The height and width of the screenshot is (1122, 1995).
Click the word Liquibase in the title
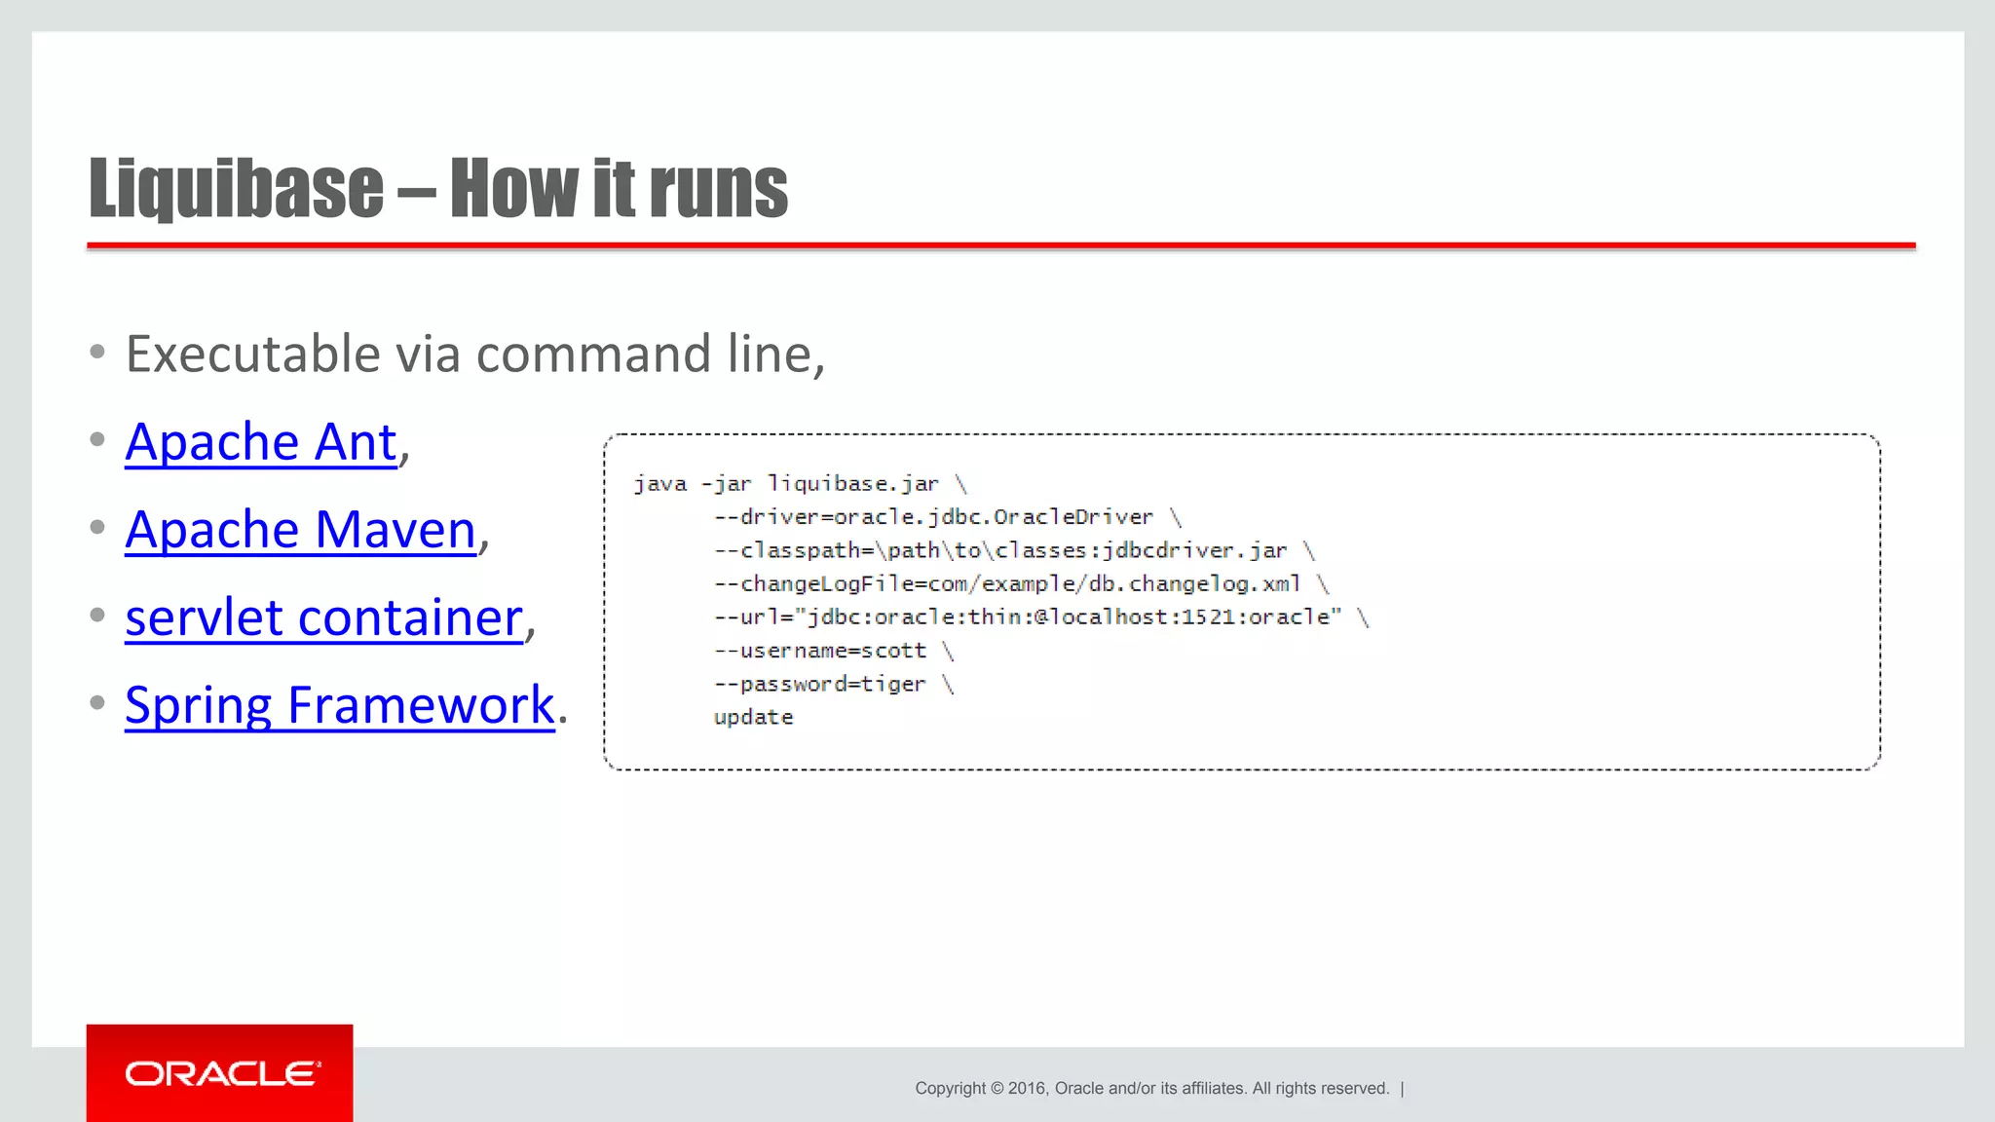(x=236, y=188)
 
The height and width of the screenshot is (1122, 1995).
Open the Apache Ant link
(x=261, y=442)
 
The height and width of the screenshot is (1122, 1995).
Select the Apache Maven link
(x=300, y=530)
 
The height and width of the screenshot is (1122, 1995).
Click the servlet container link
(x=323, y=617)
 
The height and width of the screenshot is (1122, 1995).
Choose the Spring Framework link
(x=339, y=705)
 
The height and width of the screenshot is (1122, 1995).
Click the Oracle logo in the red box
(x=222, y=1073)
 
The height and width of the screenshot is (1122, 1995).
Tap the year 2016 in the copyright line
(x=1027, y=1088)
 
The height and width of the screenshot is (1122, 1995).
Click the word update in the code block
(x=753, y=718)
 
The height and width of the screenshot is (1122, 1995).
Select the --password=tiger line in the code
(x=819, y=684)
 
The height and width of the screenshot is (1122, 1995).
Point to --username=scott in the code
(x=819, y=651)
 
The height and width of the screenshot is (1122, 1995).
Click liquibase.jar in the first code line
(x=852, y=484)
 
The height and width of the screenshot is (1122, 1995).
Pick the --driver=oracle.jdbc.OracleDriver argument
(x=933, y=517)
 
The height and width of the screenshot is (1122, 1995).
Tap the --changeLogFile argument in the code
(x=1006, y=583)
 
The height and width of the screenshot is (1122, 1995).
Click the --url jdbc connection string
(x=1028, y=617)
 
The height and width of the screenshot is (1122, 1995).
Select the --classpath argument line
(x=999, y=550)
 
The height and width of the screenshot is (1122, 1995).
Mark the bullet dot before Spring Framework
(x=97, y=702)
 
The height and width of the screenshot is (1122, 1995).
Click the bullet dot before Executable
(x=97, y=352)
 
